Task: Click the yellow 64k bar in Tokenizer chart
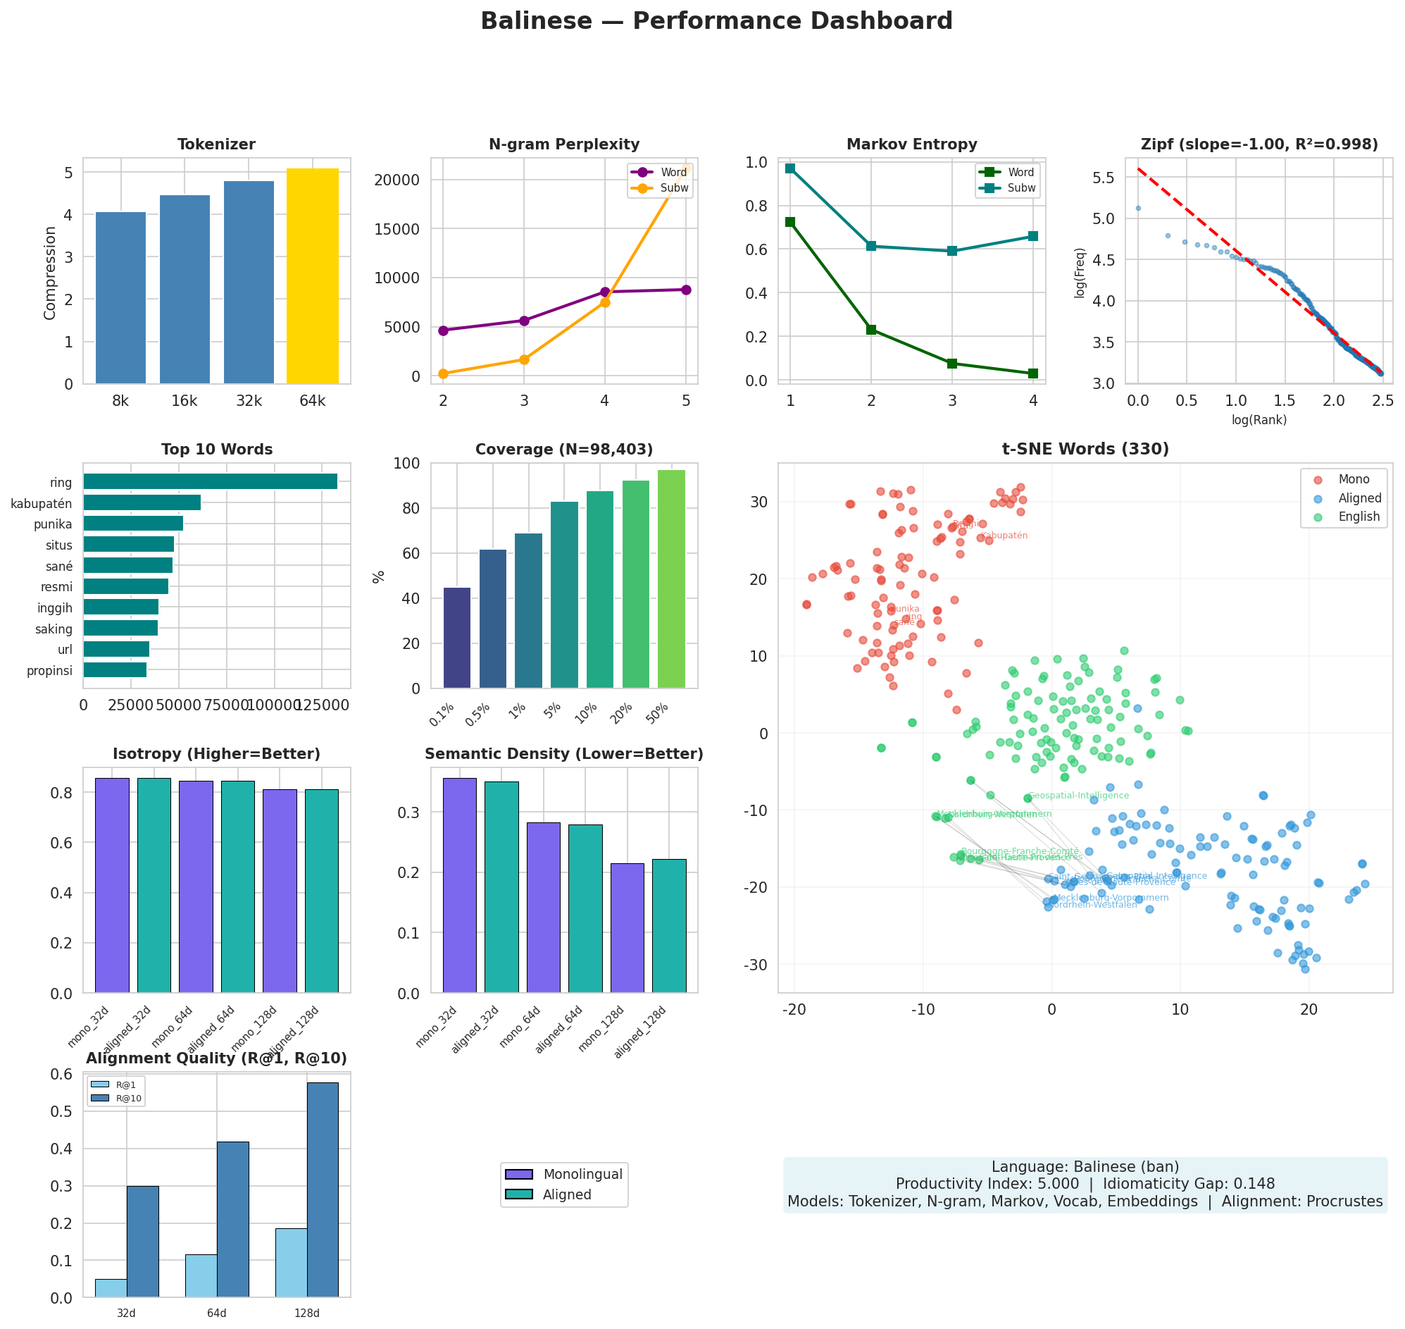pos(312,276)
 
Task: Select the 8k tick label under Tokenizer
pos(120,402)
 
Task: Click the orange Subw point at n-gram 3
pos(524,360)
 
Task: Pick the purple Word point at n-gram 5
pos(685,290)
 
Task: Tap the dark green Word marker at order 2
pos(871,330)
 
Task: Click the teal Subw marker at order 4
pos(1032,236)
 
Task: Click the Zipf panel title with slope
pos(1259,144)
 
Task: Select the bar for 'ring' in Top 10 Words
pos(210,482)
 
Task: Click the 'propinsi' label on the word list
pos(49,671)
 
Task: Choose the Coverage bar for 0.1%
pos(457,638)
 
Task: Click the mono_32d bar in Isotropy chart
pos(112,886)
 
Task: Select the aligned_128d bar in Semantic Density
pos(668,926)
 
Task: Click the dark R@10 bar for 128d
pos(323,1190)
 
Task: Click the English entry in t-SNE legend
pos(1359,517)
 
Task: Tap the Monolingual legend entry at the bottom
pos(582,1175)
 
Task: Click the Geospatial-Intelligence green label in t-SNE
pos(1078,796)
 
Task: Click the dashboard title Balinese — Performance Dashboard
pos(716,21)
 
